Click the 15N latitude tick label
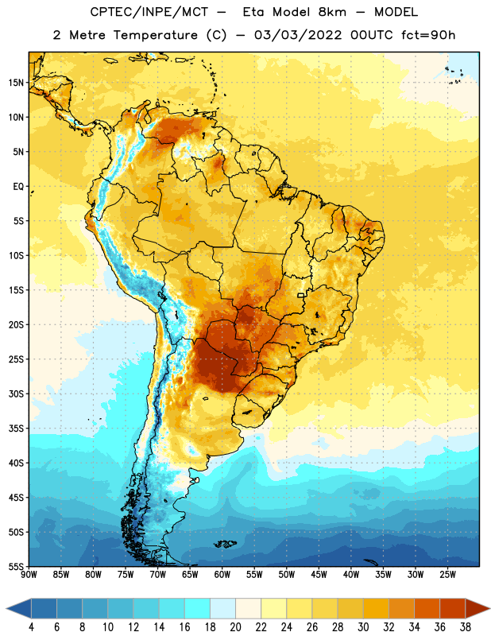coord(16,83)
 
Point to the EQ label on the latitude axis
coord(18,187)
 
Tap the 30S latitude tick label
coord(16,394)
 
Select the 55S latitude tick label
coord(16,566)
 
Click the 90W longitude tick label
coord(29,574)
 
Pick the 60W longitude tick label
coord(222,574)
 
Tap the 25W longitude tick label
coord(447,574)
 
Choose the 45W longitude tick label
coord(319,574)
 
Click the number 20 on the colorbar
coord(235,627)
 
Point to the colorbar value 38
coord(465,627)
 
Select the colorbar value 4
coord(31,627)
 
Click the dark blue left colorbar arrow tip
coord(6,608)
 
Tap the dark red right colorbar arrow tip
coord(489,608)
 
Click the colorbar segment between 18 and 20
coord(222,608)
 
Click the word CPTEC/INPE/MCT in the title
coord(149,12)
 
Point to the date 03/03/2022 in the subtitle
coord(298,35)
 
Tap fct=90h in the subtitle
coord(428,35)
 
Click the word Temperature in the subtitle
coord(155,35)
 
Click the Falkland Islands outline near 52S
coord(226,544)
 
